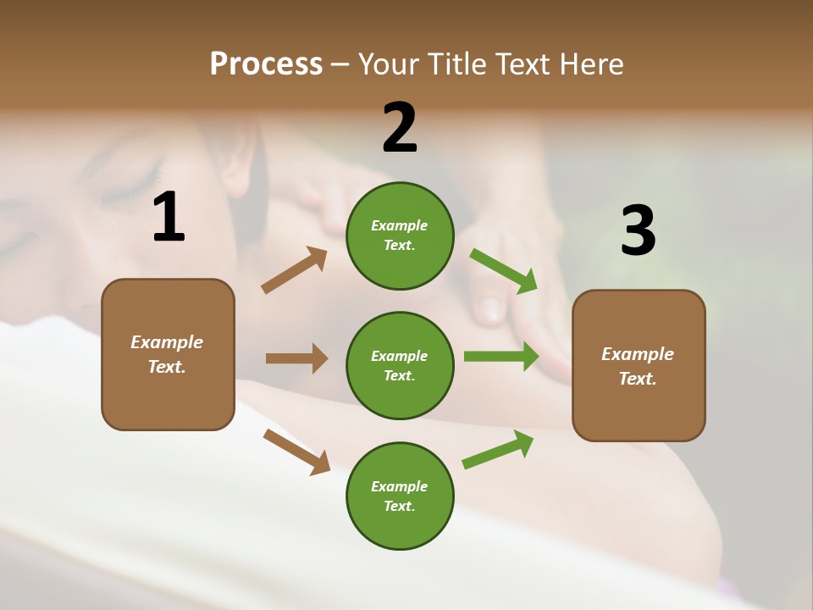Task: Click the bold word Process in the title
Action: point(266,64)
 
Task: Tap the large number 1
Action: point(169,217)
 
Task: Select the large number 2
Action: point(400,128)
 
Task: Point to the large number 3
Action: point(638,230)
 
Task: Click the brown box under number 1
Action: point(168,354)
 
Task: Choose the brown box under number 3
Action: point(639,365)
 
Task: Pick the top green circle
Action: point(400,235)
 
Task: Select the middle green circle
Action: point(400,365)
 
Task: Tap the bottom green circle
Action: point(400,496)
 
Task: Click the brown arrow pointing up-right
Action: point(295,270)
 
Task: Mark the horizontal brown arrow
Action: point(296,358)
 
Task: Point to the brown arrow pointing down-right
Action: point(296,452)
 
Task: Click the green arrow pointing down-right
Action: point(503,271)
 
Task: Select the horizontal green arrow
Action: point(501,357)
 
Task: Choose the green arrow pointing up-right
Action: point(498,450)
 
